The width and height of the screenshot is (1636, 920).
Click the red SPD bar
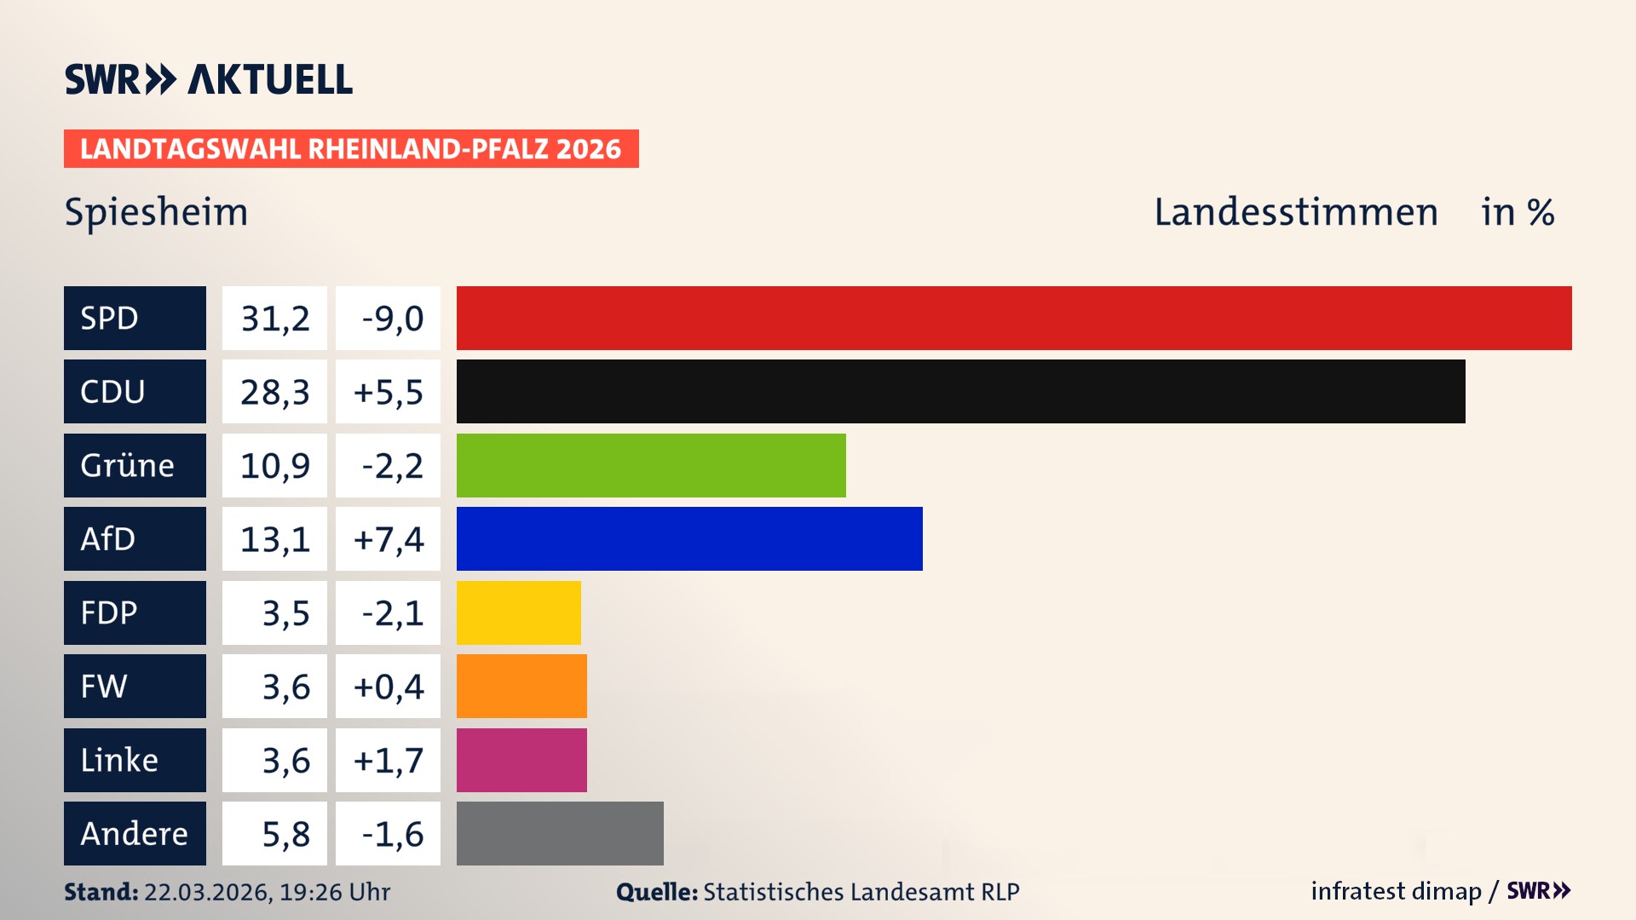1014,318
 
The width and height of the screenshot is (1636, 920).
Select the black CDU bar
960,391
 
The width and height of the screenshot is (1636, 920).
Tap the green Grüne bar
651,465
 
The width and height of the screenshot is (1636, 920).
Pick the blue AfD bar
689,538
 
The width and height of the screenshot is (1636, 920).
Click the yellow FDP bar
518,612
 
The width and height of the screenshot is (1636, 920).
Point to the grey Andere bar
560,833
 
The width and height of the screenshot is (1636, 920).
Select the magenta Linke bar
521,760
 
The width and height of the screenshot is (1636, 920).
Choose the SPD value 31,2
274,318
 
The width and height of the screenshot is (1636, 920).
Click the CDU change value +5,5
388,392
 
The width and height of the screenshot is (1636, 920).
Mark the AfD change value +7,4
388,539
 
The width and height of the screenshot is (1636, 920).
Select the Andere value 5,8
285,834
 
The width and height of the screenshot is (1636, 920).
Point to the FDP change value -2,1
391,613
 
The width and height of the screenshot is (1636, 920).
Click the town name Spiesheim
156,211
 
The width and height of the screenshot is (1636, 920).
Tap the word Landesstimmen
1295,211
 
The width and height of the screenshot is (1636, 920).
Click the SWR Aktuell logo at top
208,79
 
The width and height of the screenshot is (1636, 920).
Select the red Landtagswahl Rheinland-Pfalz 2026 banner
351,148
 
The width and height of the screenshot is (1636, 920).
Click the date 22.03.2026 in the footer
207,892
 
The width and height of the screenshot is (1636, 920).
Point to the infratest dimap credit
1395,891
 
